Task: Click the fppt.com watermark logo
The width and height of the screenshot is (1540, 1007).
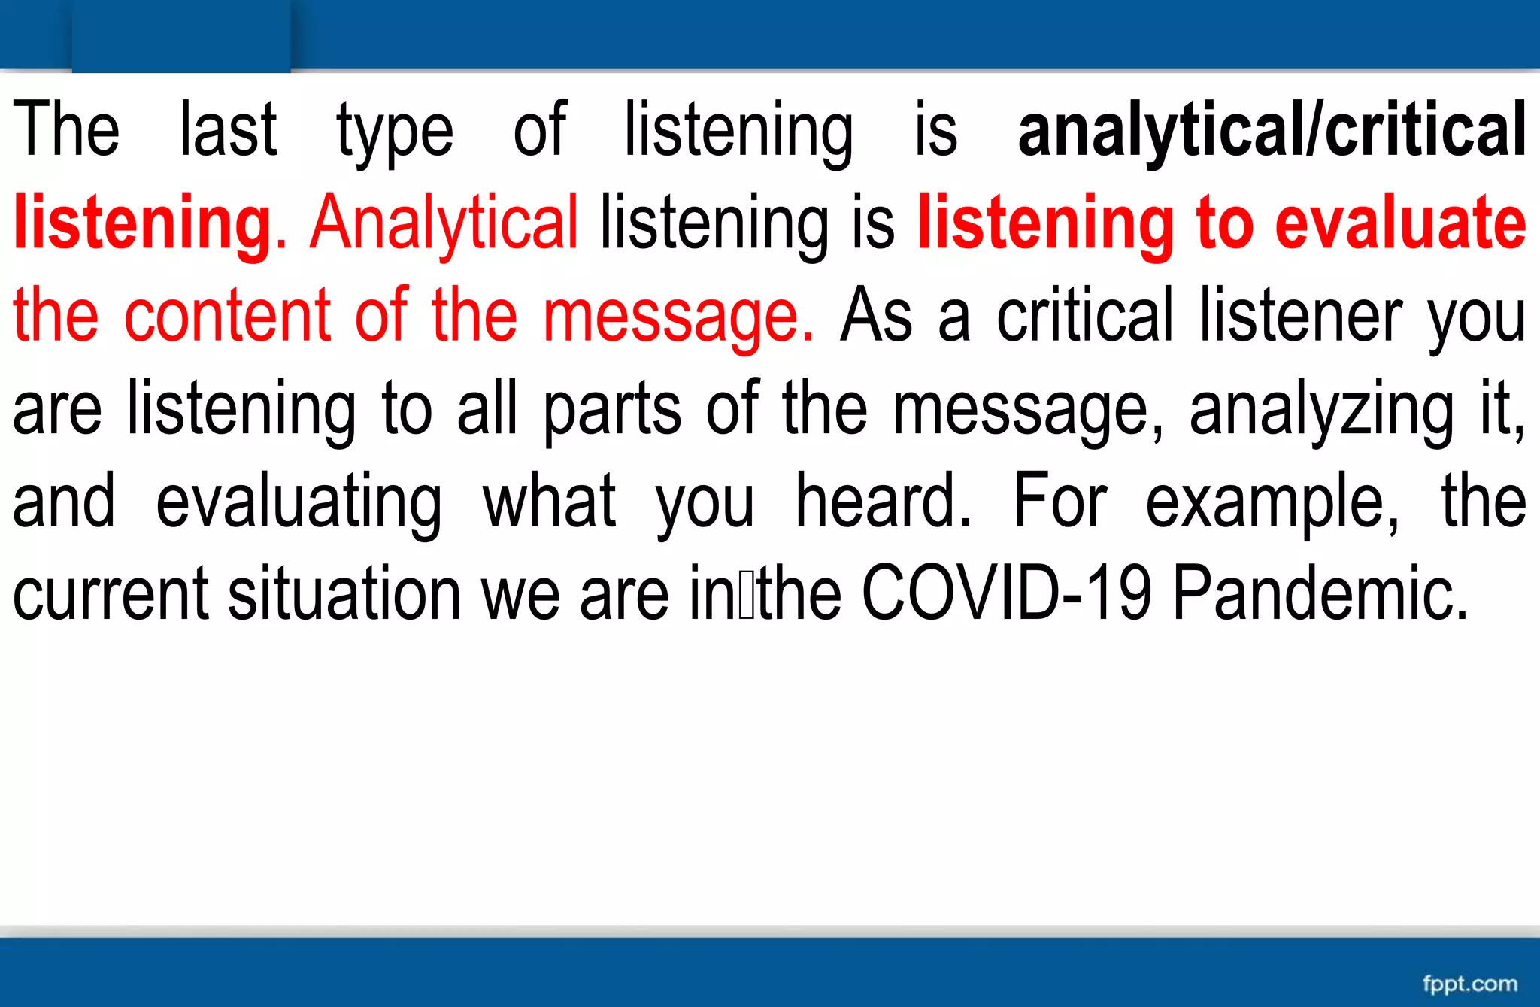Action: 1469,984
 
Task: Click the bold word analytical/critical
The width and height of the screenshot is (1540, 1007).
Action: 1272,130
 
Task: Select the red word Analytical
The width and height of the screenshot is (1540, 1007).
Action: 444,223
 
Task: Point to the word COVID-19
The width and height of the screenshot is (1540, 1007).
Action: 1006,593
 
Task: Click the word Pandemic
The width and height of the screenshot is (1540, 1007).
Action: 1320,593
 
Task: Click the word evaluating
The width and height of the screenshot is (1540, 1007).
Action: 299,502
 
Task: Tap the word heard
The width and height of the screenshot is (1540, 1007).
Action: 883,500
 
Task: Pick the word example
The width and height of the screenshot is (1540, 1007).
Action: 1272,502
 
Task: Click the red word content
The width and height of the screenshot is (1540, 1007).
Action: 227,315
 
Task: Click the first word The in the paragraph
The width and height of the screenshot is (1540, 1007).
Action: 66,130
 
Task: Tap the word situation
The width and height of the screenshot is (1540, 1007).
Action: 344,593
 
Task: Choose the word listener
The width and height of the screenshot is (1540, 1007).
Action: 1301,315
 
